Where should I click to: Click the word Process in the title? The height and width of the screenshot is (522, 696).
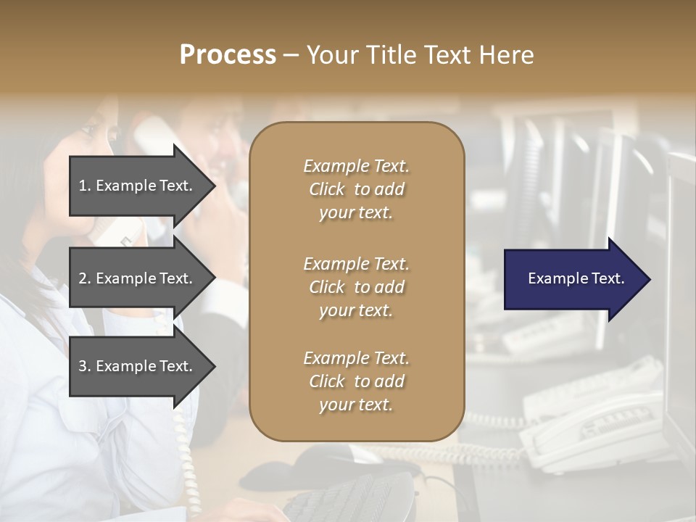click(228, 55)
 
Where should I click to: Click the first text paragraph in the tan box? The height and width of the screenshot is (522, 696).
click(356, 189)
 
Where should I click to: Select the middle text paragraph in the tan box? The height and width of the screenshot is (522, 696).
click(356, 287)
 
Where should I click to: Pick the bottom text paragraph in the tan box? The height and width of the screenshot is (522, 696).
click(356, 381)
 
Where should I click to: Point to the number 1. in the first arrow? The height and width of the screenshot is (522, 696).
click(85, 186)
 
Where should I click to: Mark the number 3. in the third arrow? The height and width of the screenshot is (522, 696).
click(85, 366)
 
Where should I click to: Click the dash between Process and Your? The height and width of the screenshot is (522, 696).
click(291, 55)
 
